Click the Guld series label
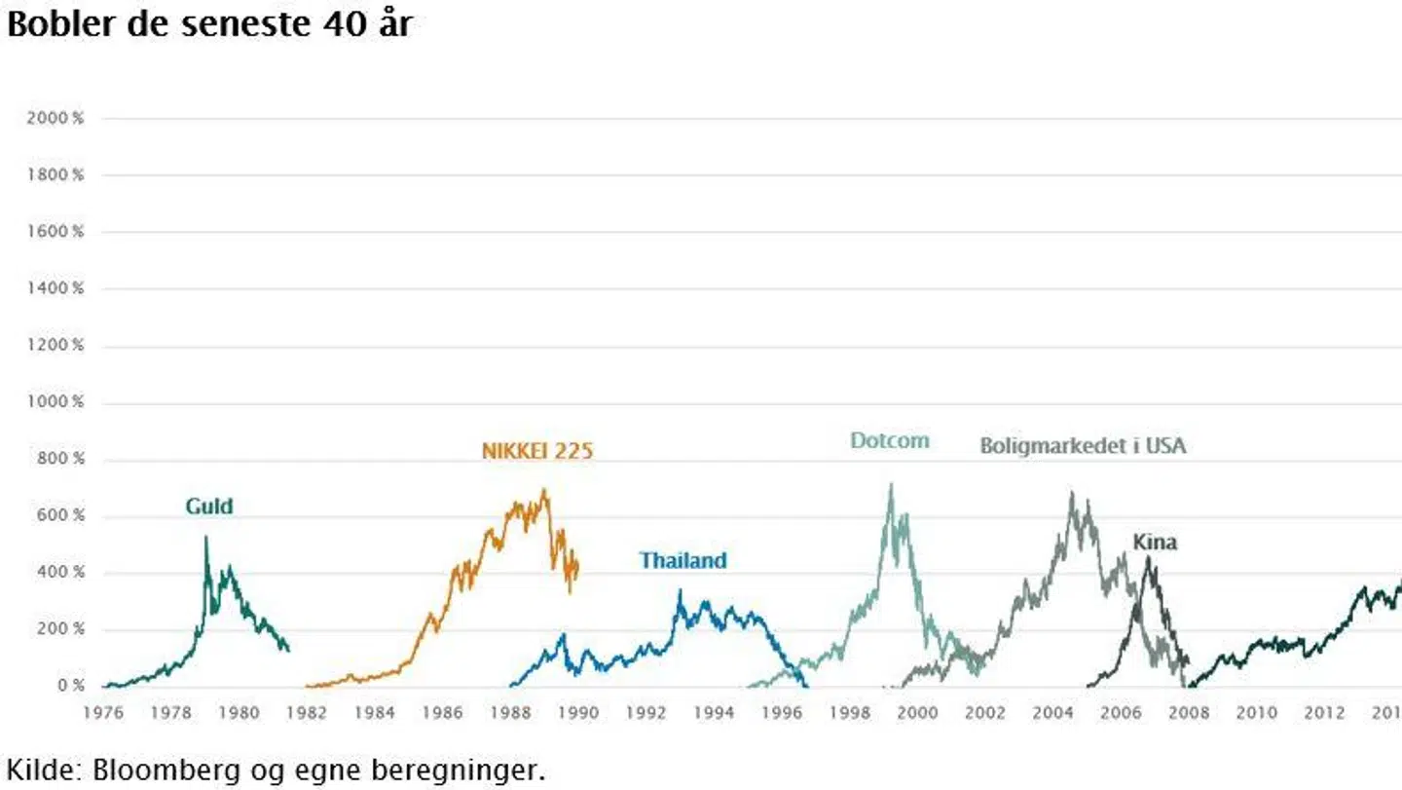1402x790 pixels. [x=209, y=507]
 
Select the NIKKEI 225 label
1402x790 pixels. [x=537, y=451]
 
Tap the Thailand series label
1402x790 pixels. [x=683, y=561]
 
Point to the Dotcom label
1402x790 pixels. [x=889, y=440]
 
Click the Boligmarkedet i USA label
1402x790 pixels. [x=1083, y=446]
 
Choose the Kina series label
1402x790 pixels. [x=1155, y=543]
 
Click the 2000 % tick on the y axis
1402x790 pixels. [x=56, y=118]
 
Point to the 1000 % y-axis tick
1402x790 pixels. [x=56, y=402]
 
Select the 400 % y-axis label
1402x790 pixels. [x=60, y=573]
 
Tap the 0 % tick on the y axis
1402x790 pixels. [x=70, y=686]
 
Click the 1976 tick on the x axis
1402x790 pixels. [x=102, y=713]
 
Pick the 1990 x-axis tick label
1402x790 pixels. [x=577, y=713]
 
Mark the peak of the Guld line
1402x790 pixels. [x=206, y=537]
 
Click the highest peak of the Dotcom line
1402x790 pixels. [x=890, y=484]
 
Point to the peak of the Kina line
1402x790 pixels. [x=1149, y=558]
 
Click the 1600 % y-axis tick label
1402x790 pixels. [x=56, y=232]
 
